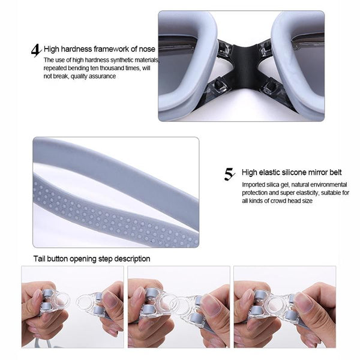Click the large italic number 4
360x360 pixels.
point(36,50)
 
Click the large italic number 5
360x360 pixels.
point(229,174)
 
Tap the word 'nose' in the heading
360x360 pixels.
point(147,49)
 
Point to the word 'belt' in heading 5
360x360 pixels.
point(335,172)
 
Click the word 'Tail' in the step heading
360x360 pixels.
point(39,259)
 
